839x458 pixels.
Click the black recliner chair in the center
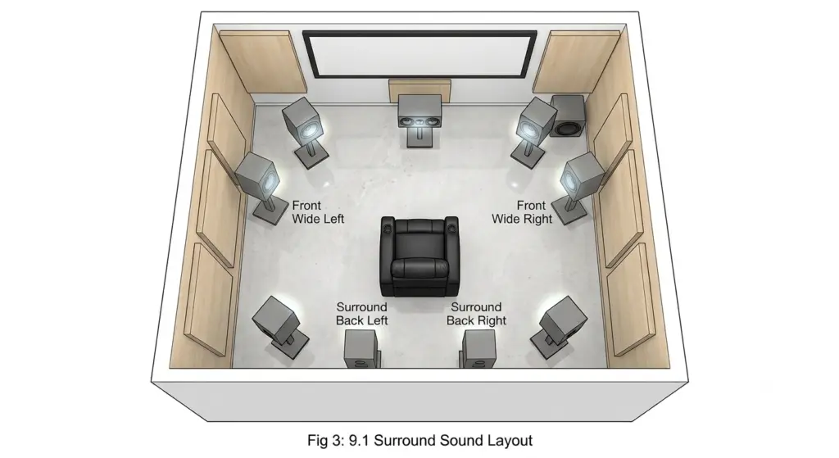point(419,256)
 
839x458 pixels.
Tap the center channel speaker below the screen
point(419,111)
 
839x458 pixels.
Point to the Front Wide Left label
point(318,212)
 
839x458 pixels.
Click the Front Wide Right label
point(522,212)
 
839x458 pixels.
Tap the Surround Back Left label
point(361,314)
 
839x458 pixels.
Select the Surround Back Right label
point(476,314)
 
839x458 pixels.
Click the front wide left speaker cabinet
point(258,175)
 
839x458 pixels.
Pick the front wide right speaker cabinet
point(583,175)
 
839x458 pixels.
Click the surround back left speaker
point(361,348)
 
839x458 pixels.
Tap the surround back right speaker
point(478,348)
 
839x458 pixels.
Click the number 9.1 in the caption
point(359,440)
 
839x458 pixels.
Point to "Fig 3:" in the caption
point(326,441)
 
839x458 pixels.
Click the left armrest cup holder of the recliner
point(388,228)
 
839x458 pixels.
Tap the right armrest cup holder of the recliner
point(452,228)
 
